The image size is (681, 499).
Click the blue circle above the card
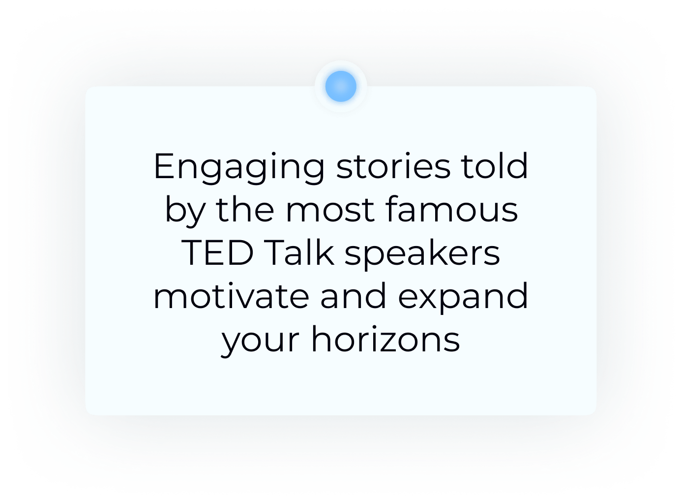(341, 86)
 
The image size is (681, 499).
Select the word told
(494, 165)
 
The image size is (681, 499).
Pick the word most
(330, 210)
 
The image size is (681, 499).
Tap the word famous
(452, 209)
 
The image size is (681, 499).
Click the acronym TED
(217, 253)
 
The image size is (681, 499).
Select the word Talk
(299, 252)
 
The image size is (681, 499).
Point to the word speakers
(422, 255)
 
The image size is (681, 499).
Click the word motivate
(232, 296)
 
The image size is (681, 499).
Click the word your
(260, 342)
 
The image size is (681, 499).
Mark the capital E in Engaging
(165, 166)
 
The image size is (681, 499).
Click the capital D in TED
(240, 253)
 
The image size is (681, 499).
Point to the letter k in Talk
(325, 252)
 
